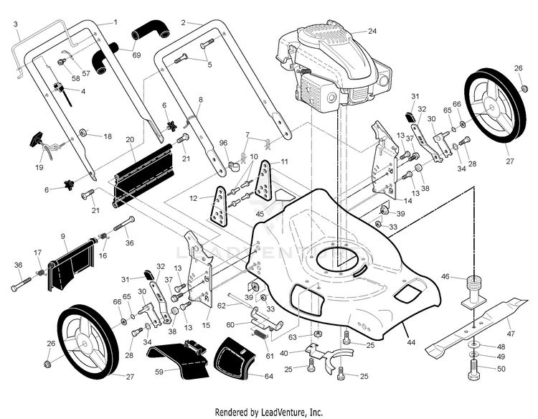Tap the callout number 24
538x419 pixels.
tap(372, 31)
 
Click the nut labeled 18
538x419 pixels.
tap(85, 133)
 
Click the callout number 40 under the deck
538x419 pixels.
tap(284, 352)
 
